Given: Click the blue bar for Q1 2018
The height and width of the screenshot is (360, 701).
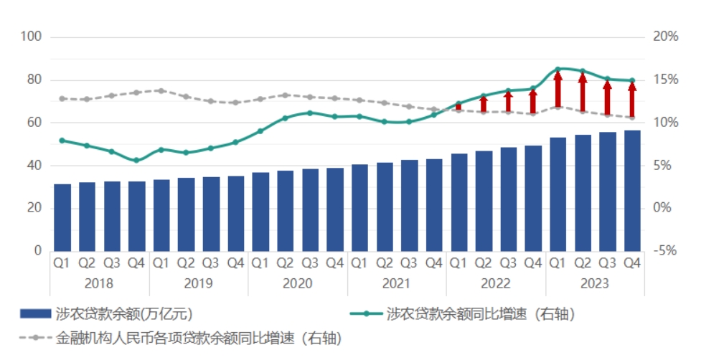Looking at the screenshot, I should [62, 217].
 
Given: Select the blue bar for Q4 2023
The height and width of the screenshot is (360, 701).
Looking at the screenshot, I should [632, 191].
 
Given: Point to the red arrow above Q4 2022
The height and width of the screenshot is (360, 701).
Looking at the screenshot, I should [532, 101].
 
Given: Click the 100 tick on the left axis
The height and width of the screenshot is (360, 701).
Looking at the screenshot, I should [32, 37].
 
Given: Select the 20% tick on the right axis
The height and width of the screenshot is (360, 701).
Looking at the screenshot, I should [665, 37].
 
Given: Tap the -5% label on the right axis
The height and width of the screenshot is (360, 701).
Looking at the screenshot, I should [665, 251].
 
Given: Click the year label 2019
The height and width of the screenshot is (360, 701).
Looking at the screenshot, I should [198, 283].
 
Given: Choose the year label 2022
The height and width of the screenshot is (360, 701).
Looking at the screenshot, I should [496, 283].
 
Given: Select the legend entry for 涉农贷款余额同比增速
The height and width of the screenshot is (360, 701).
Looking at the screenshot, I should [466, 313].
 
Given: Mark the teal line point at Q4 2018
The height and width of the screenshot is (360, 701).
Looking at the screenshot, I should [136, 161].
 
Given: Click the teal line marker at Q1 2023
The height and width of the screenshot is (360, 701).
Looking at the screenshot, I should [557, 70].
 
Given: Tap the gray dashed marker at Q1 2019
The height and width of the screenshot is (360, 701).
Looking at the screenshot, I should [161, 91].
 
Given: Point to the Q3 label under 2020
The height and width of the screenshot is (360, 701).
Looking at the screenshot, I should [310, 263].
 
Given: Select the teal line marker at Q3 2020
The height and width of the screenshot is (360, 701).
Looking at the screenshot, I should [310, 113].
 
